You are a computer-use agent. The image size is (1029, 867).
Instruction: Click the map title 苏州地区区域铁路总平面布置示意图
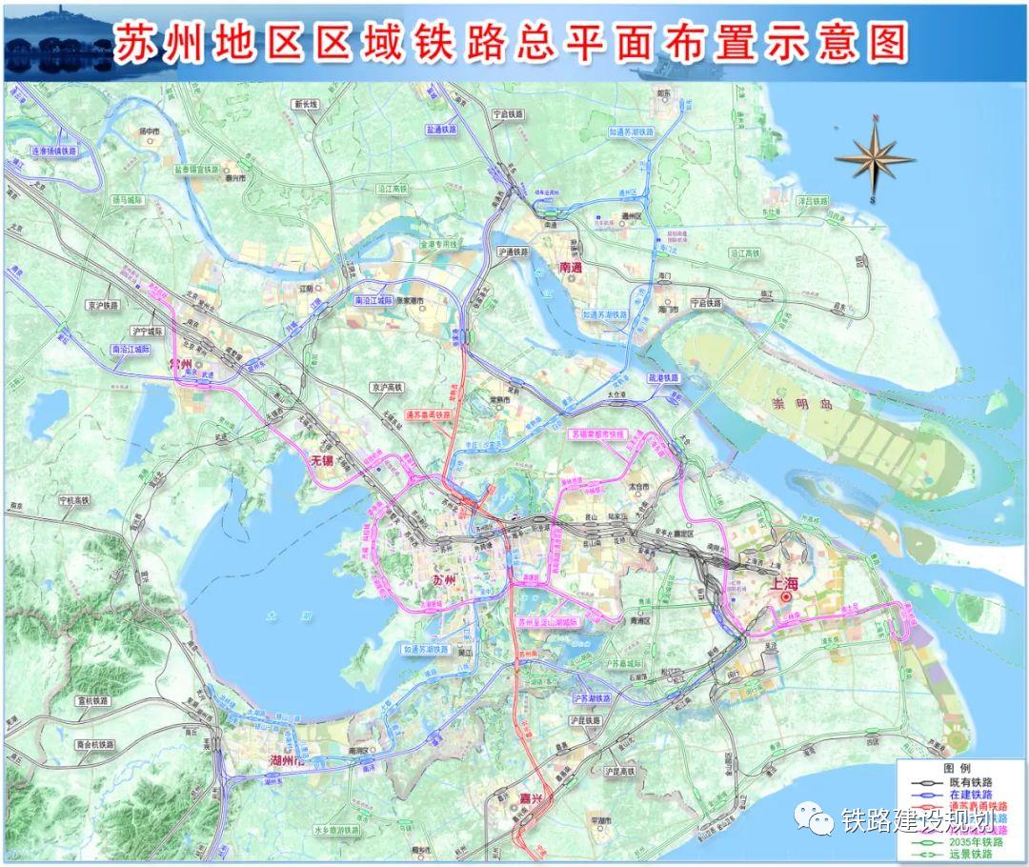pyautogui.click(x=510, y=43)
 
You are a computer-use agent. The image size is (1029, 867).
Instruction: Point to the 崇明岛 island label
pyautogui.click(x=801, y=406)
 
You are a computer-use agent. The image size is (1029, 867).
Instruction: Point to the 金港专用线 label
pyautogui.click(x=438, y=245)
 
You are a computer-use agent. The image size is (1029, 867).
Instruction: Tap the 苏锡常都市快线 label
pyautogui.click(x=596, y=433)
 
